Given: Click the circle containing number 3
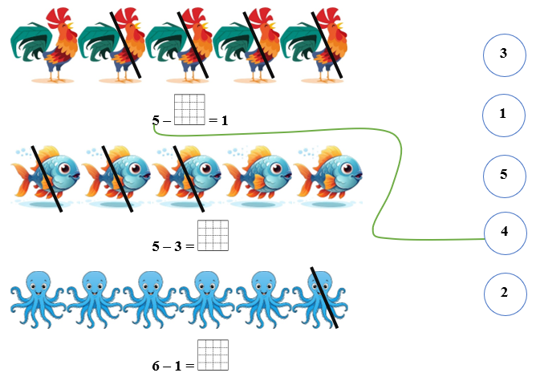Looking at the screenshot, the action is [x=505, y=55].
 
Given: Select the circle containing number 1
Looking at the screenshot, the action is [x=504, y=115].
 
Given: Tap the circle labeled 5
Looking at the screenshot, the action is [x=505, y=176].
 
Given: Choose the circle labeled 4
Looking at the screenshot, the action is [x=505, y=233].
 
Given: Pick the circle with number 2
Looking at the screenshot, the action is [x=505, y=294].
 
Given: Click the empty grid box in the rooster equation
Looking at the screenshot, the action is [x=189, y=110].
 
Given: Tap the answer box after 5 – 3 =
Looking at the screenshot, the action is [x=213, y=236].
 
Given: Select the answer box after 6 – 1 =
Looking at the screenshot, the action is [x=213, y=355].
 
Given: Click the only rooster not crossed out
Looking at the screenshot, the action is [x=44, y=46].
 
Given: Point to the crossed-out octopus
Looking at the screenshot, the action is [x=320, y=299].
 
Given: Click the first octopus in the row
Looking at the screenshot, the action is [x=38, y=299].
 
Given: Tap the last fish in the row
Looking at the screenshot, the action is [x=329, y=176].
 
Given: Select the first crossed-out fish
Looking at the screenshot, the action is [x=46, y=176].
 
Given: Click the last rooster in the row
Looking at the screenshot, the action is [x=314, y=46].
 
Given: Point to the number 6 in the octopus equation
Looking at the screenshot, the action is [x=156, y=366].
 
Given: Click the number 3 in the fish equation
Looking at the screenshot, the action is [x=177, y=246].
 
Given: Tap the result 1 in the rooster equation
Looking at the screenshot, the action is [x=225, y=120].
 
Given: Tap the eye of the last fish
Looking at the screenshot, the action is [x=347, y=168].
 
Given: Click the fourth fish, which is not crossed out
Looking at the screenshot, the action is [x=258, y=176].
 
